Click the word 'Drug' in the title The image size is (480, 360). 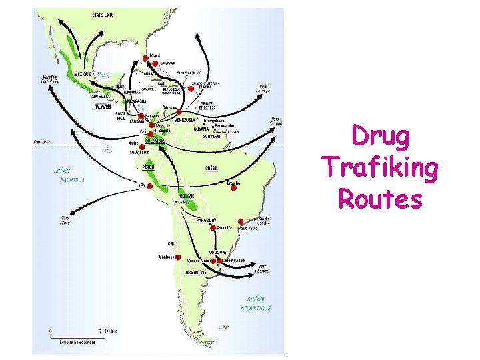coord(381,137)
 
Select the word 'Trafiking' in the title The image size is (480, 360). coord(380,167)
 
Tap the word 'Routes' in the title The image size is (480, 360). coord(381,198)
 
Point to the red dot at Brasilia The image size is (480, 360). coord(233,188)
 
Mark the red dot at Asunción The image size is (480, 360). coord(213,228)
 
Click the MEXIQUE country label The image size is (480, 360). coord(83,75)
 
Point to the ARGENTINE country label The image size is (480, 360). coord(196,273)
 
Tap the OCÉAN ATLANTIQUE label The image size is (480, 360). coord(256,303)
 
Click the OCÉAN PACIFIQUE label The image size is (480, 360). coord(69,175)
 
